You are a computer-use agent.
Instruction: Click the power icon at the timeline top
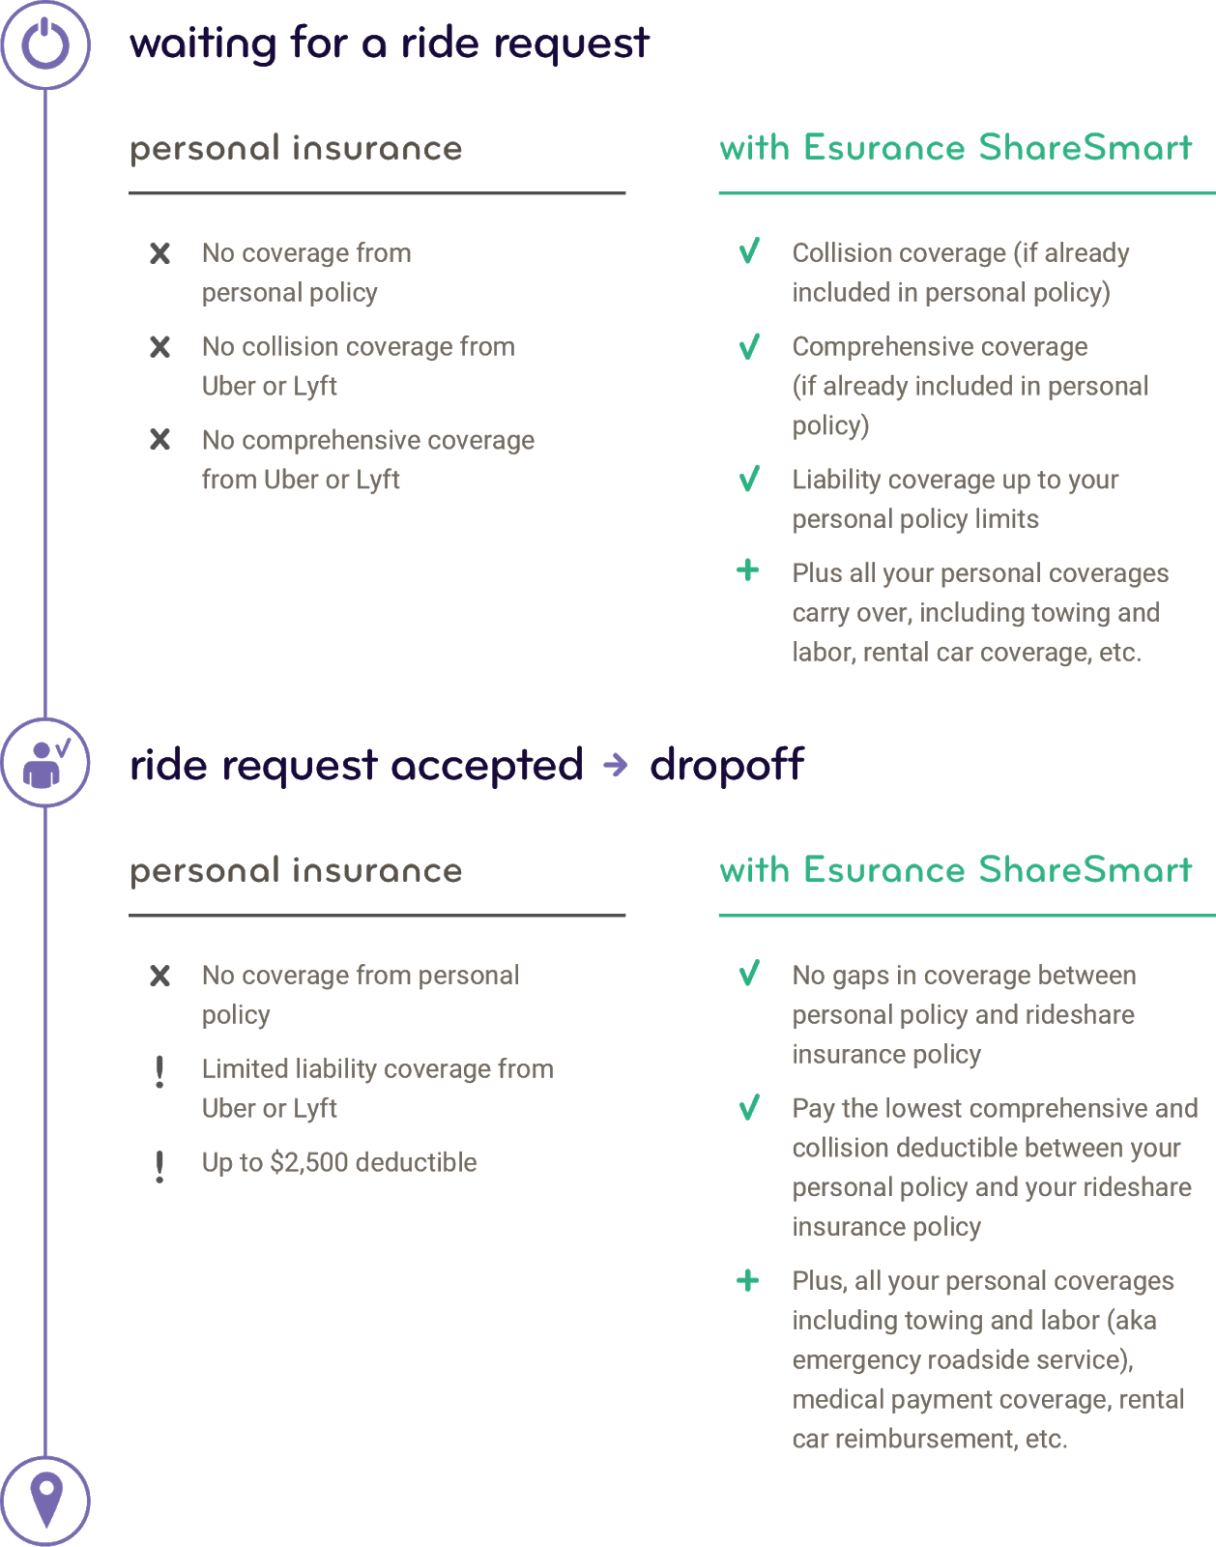click(45, 44)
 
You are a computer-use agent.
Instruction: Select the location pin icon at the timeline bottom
click(46, 1500)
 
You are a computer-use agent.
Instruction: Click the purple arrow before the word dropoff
click(615, 764)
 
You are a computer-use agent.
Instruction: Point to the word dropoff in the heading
click(727, 765)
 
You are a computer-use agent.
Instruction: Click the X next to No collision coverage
click(159, 347)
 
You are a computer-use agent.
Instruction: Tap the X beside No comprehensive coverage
click(159, 439)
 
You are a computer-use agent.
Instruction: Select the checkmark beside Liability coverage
click(749, 479)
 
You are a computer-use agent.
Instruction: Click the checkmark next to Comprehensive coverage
click(749, 346)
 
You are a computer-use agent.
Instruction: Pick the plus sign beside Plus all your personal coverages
click(747, 570)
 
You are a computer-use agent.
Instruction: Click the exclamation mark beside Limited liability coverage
click(159, 1072)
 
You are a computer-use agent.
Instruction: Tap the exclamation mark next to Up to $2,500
click(159, 1166)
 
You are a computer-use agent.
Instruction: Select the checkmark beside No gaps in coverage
click(749, 973)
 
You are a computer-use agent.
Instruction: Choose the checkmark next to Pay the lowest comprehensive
click(749, 1107)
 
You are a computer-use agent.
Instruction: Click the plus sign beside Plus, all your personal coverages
click(747, 1280)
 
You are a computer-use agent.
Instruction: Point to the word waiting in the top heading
click(203, 44)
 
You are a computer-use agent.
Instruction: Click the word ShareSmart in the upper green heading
click(1086, 147)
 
